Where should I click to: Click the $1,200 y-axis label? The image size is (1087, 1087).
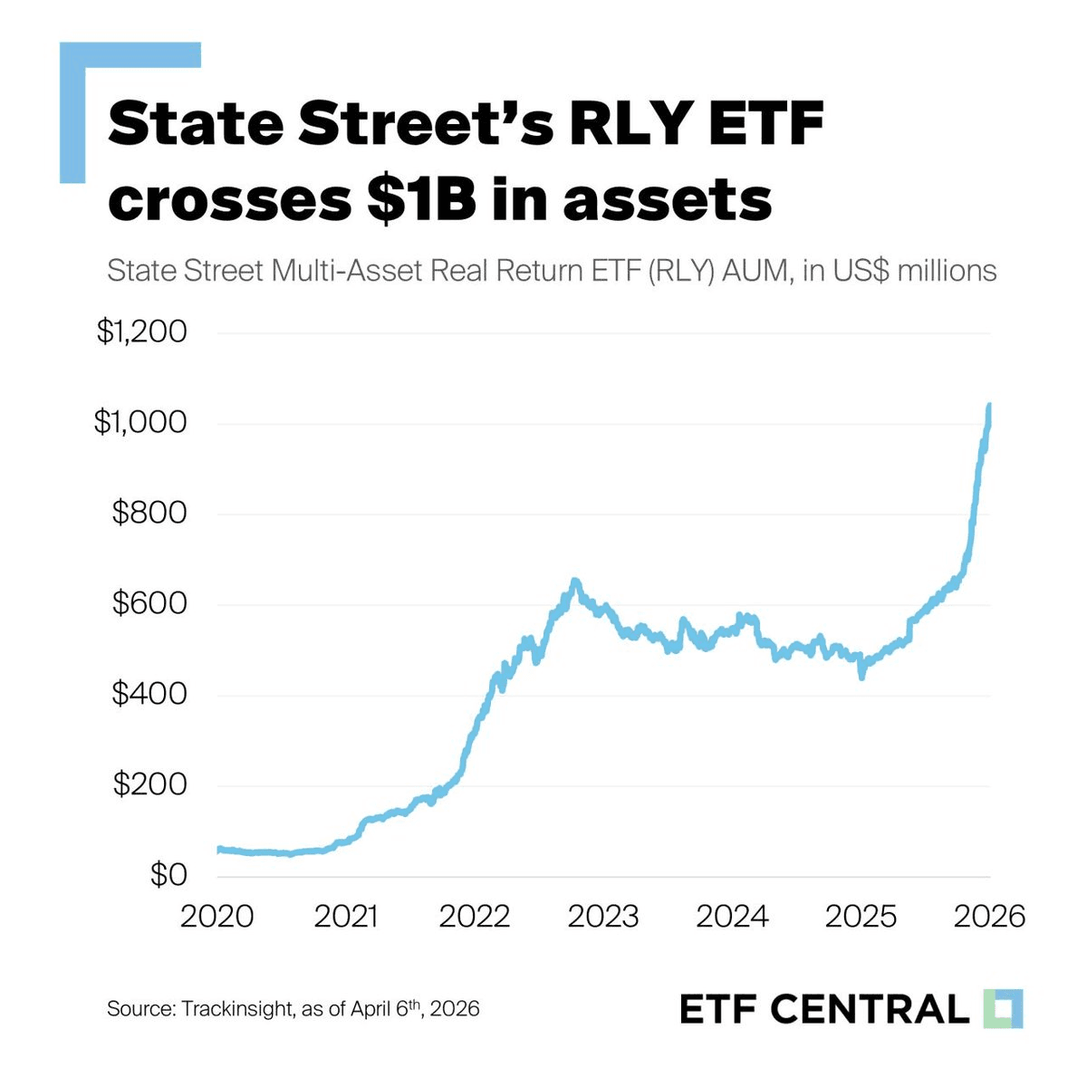141,332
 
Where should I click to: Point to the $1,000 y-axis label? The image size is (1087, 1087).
140,423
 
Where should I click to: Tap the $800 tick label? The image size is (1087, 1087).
149,514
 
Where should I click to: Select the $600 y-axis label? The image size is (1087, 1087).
149,604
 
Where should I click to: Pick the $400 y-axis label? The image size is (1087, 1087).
149,695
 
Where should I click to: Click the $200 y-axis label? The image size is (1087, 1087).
149,785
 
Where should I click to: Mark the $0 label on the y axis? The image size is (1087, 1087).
168,876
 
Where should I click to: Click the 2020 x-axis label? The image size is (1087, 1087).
217,916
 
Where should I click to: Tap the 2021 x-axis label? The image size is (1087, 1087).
345,916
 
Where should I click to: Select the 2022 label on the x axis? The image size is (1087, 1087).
475,916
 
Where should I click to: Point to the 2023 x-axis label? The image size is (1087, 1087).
603,916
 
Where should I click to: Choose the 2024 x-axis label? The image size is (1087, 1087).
732,916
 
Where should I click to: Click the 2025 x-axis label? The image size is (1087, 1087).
861,916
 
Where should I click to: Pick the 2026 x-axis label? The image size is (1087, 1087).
989,916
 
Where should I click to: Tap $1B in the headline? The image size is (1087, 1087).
422,200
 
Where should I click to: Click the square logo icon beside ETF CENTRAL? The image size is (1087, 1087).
1003,1008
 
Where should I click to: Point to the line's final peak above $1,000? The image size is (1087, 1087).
989,405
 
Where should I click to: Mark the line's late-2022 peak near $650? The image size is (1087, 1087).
574,582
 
